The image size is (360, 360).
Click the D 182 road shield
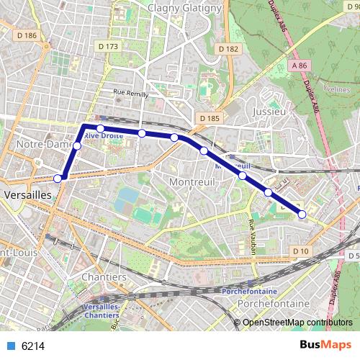pos(227,49)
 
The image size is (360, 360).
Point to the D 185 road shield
pos(210,118)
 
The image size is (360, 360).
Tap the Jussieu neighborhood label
pos(271,112)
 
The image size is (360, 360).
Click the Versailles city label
pos(27,194)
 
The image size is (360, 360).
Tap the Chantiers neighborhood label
pos(104,276)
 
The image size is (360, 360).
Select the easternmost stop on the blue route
pos(302,214)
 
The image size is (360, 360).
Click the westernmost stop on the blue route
pos(58,179)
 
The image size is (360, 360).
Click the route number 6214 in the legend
pos(33,346)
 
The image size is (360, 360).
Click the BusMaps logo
pos(325,346)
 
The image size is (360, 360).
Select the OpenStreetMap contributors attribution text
pos(297,322)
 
